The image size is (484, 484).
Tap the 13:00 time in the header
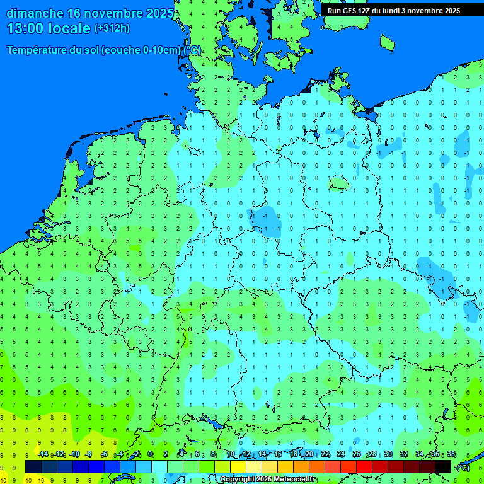point(25,28)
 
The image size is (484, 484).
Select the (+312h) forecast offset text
point(112,28)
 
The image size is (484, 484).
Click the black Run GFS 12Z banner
point(394,11)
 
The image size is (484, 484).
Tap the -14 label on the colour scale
point(43,454)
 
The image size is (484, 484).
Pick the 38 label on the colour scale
point(451,454)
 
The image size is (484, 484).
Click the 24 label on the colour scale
point(341,454)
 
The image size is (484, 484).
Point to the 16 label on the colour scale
point(278,454)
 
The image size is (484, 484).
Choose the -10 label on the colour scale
point(74,454)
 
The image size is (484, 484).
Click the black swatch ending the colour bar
point(443,466)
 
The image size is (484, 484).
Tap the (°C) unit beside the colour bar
point(463,467)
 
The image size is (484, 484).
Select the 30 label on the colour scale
point(388,454)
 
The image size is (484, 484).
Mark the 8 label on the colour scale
point(214,454)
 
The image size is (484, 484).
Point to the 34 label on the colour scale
point(420,454)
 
